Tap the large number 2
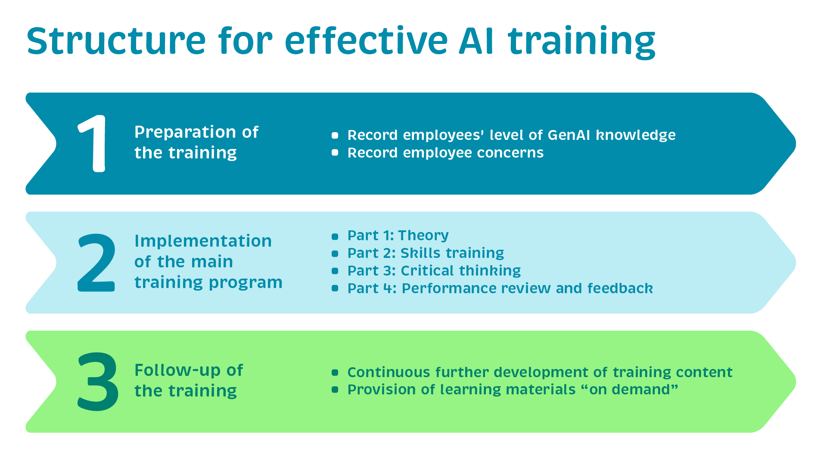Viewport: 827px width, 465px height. point(96,263)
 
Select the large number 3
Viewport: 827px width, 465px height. point(98,381)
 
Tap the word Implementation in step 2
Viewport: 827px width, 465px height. point(203,241)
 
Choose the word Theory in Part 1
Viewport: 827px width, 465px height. point(423,236)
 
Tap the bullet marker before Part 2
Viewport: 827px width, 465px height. point(335,254)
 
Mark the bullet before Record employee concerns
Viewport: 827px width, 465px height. point(335,152)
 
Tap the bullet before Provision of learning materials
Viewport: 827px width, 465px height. point(335,390)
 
